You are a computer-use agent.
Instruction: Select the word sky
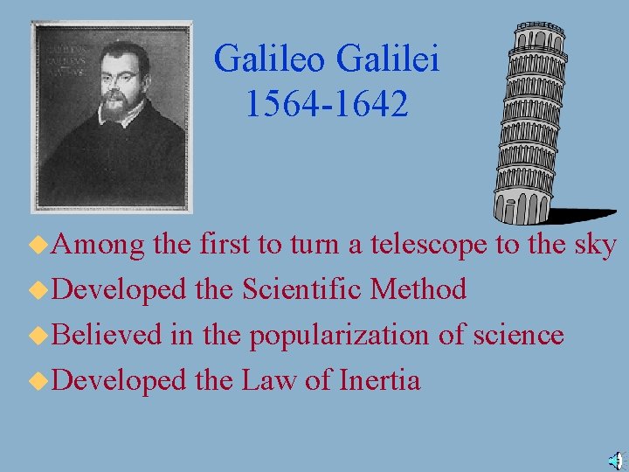pyautogui.click(x=596, y=246)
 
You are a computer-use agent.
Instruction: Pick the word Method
pyautogui.click(x=418, y=289)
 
